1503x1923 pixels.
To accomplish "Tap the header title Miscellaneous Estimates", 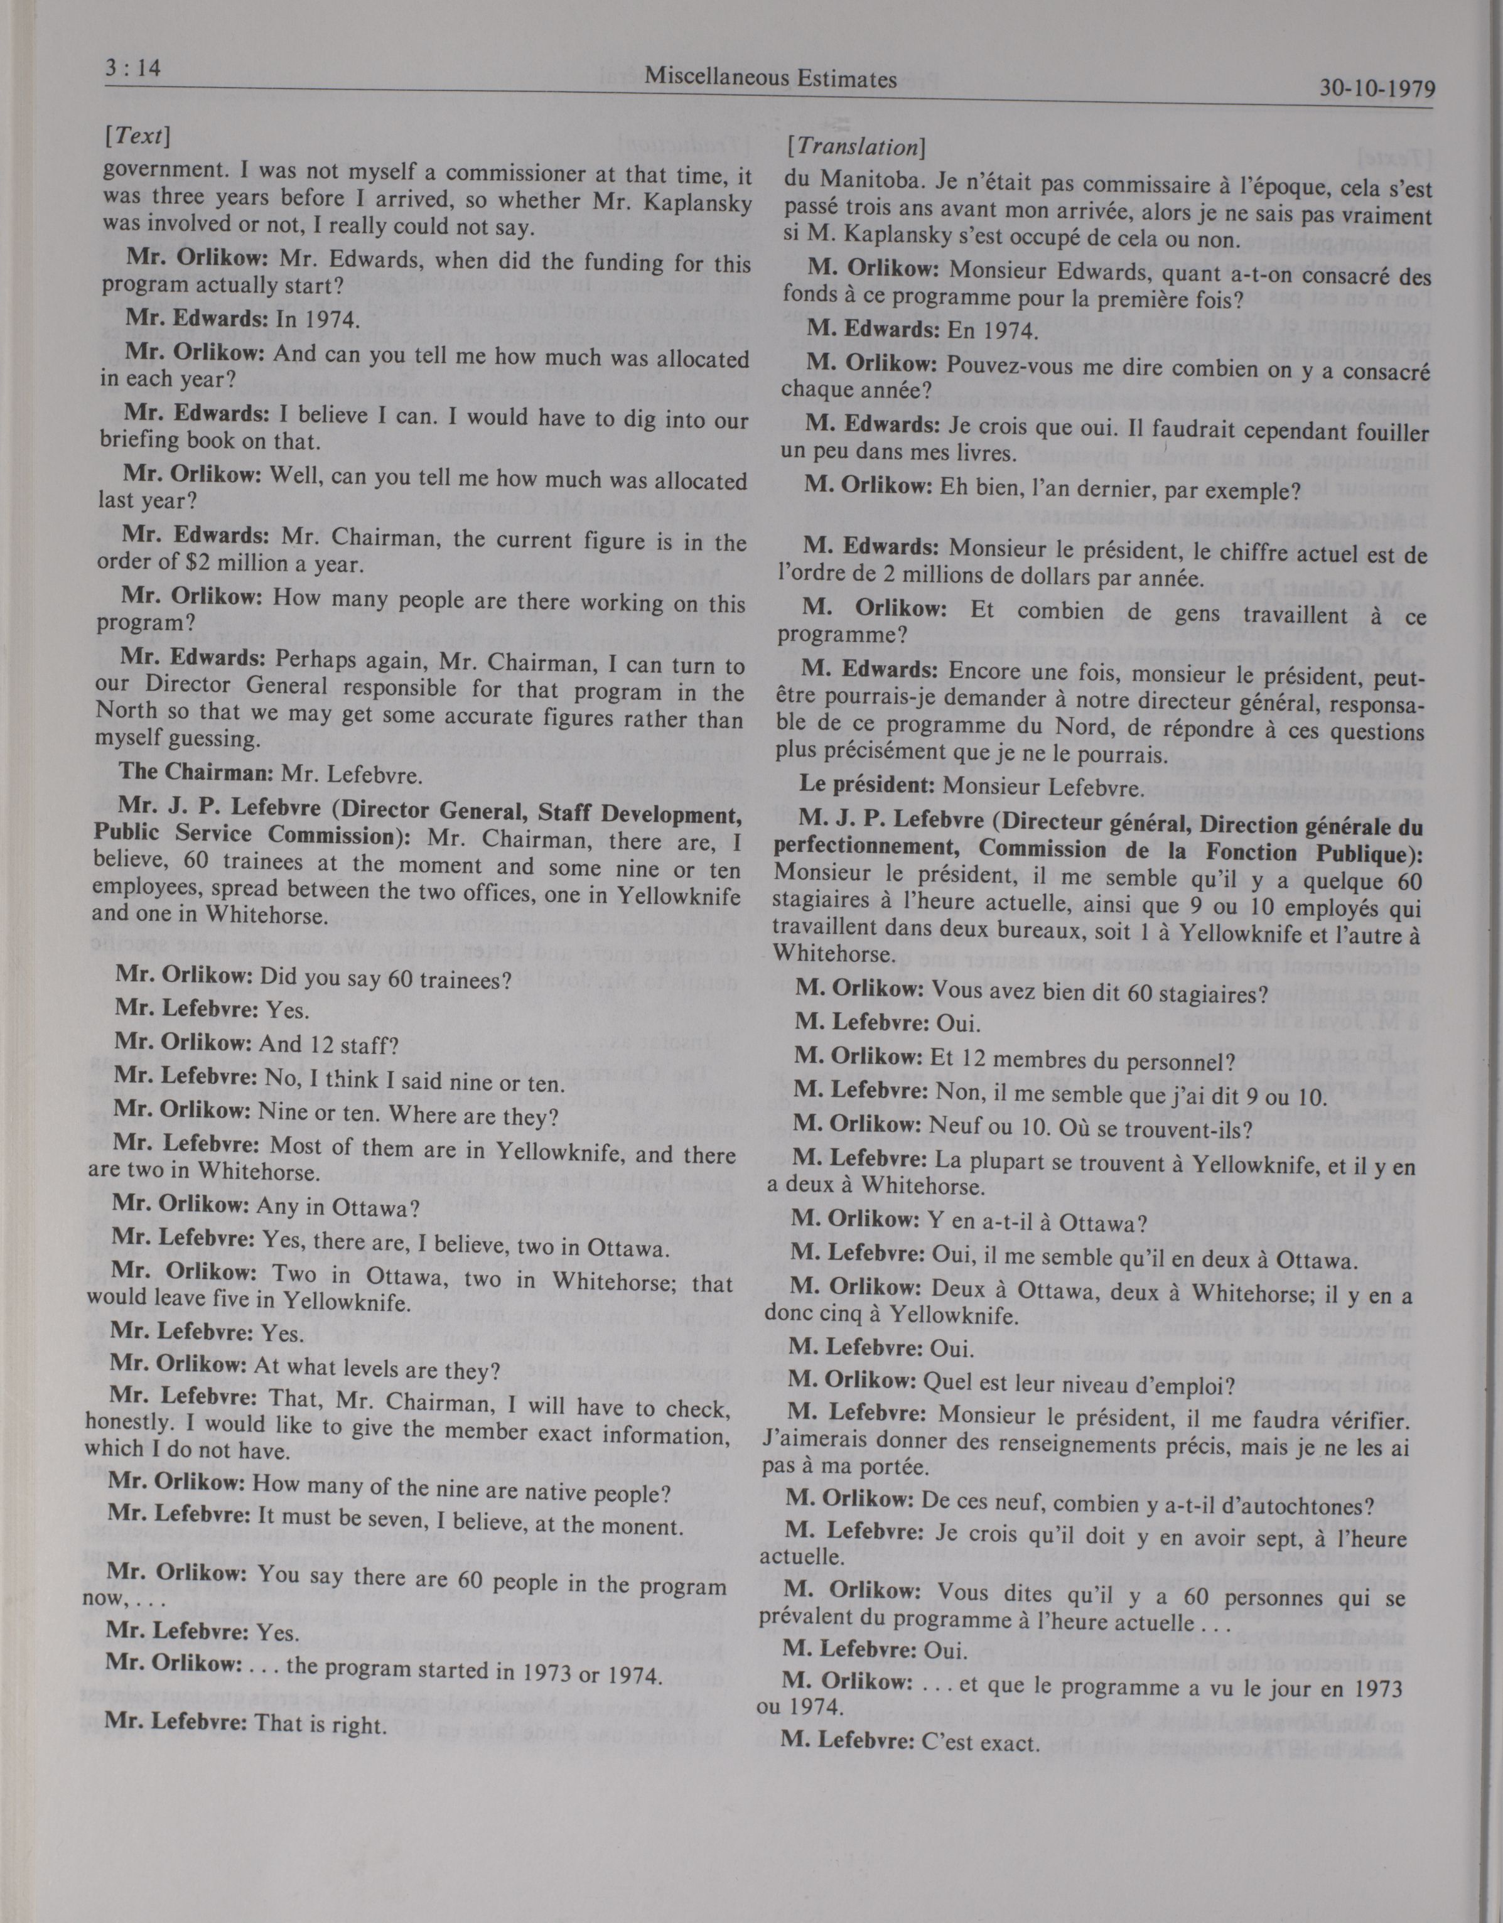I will coord(770,79).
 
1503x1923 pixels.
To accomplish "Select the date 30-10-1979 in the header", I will coord(1377,89).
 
